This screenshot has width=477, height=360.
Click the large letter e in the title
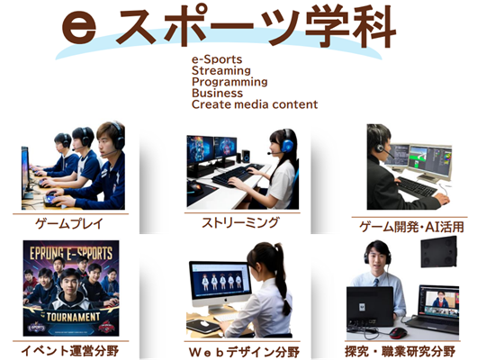[79, 28]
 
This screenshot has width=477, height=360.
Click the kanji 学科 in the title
[350, 27]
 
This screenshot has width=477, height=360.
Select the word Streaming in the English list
[221, 70]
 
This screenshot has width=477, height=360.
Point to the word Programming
[229, 82]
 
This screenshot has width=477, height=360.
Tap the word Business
[217, 93]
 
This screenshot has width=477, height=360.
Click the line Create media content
[255, 104]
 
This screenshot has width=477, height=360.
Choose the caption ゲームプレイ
[69, 224]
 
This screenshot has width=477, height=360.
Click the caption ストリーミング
[240, 222]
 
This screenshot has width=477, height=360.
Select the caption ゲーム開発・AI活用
[411, 227]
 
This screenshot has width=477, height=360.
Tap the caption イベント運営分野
[69, 351]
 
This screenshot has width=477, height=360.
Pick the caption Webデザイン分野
[244, 352]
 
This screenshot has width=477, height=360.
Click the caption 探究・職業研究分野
[400, 352]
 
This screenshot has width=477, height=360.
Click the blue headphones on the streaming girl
[287, 142]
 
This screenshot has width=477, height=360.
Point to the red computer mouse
[398, 332]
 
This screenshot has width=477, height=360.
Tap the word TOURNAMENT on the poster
[73, 317]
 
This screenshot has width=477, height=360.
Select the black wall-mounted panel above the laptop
[439, 252]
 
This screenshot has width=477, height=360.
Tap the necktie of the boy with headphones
[376, 282]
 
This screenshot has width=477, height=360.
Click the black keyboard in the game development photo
[417, 186]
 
